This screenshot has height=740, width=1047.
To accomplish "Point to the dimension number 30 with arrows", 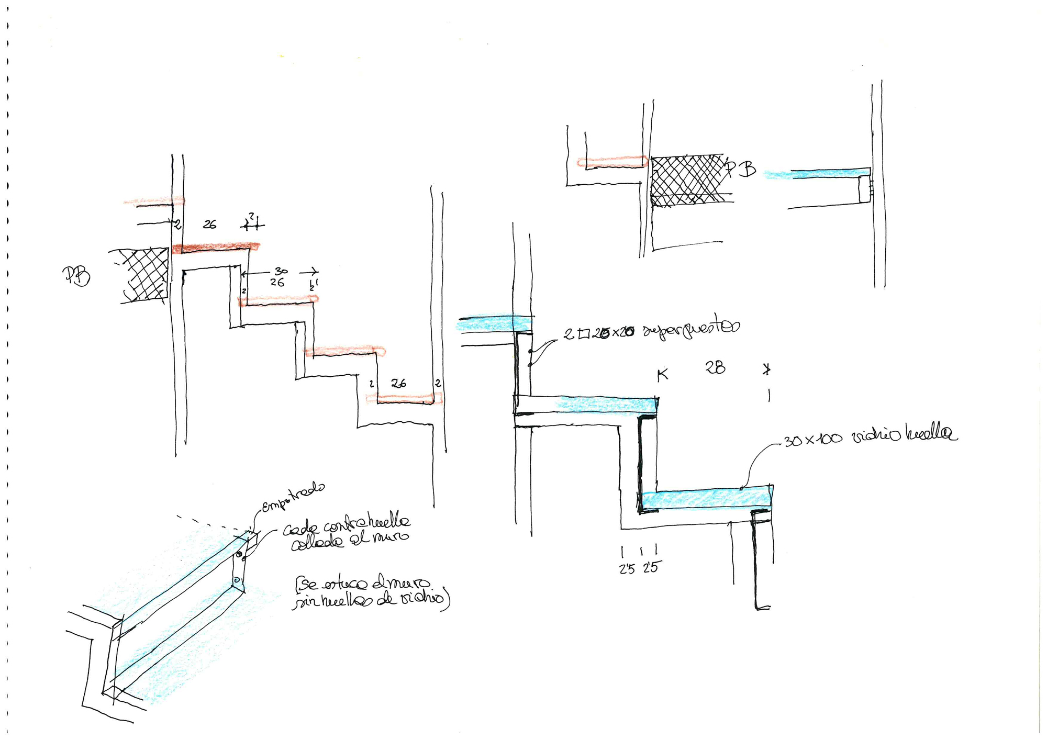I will pos(281,271).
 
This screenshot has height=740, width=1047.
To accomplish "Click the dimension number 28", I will pos(715,368).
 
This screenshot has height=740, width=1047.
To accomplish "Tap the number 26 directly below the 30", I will pos(277,283).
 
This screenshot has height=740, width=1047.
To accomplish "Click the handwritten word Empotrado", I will pos(293,497).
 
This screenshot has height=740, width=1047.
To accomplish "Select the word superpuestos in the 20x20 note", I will pos(691,329).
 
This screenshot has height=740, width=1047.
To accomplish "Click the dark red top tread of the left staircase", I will pos(216,247).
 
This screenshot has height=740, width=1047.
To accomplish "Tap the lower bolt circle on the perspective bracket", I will pos(237,580).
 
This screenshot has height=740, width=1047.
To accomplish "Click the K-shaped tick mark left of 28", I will pos(662,375).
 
